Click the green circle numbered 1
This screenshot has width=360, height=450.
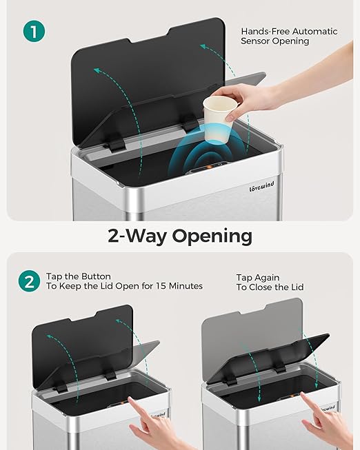(34, 31)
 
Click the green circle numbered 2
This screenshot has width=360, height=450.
(29, 281)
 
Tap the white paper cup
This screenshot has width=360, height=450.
(219, 119)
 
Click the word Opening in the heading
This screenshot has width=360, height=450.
(212, 236)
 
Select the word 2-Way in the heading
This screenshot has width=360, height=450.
(137, 236)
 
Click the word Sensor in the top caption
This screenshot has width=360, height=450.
(255, 41)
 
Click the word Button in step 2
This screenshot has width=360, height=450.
(96, 276)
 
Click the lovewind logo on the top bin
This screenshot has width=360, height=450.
(261, 187)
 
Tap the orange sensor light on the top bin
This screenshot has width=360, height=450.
(210, 167)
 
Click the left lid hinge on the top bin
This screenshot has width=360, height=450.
(117, 145)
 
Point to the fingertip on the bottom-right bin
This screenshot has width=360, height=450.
(303, 394)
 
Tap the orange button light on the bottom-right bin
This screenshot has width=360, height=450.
(292, 396)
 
